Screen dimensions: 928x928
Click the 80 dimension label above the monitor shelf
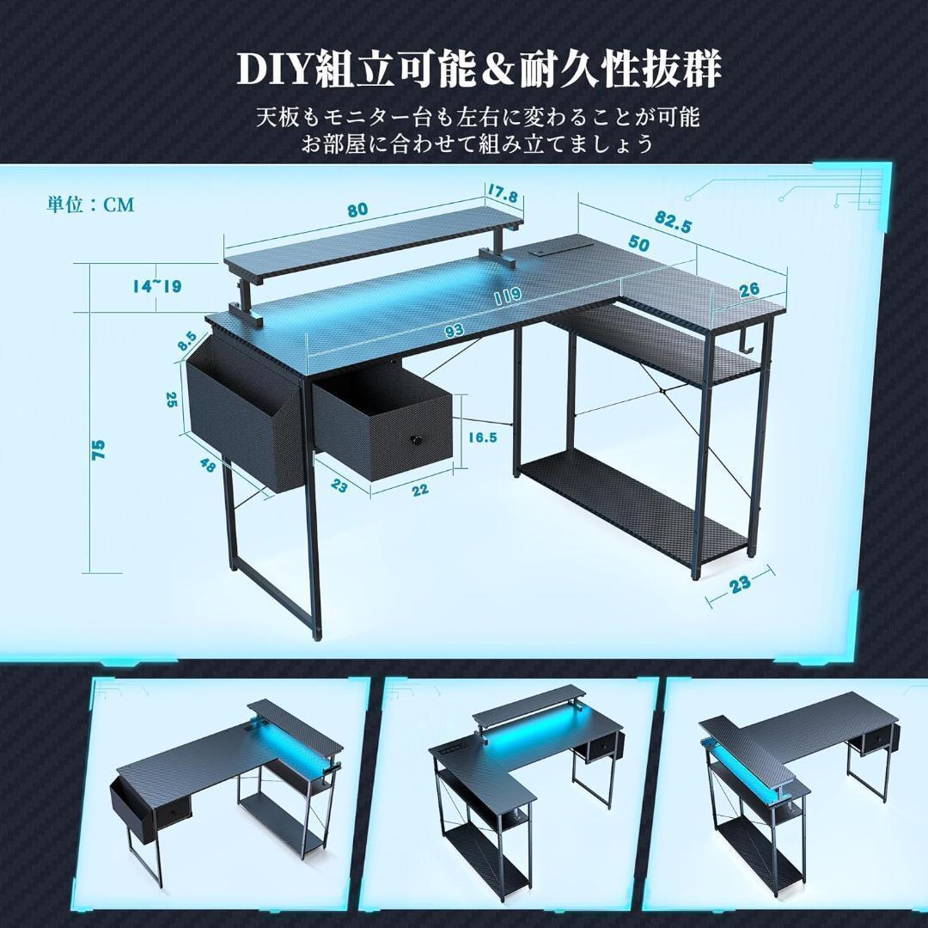tap(358, 211)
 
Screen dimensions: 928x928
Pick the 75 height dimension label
tap(99, 449)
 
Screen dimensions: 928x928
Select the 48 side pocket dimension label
tap(206, 465)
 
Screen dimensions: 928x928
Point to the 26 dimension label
tap(748, 290)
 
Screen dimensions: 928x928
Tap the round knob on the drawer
tap(416, 440)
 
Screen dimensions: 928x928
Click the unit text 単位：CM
tap(90, 205)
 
